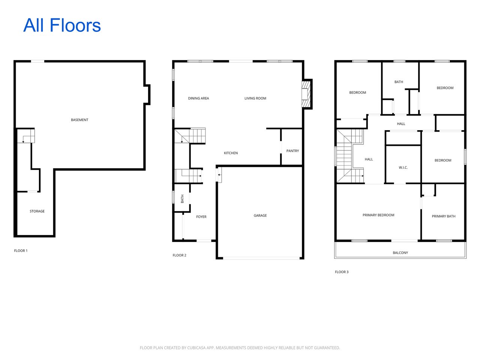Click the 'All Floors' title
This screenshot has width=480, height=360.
tap(62, 25)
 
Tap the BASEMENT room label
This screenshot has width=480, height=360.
tap(79, 120)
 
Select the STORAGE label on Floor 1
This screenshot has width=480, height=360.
tap(37, 211)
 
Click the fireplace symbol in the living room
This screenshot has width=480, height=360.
tap(306, 94)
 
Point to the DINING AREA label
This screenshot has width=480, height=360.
tap(198, 99)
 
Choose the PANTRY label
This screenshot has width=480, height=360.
tap(292, 151)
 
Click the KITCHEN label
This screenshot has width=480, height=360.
tap(231, 153)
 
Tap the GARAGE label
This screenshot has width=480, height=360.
tap(260, 216)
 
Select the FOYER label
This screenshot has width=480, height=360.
tap(201, 217)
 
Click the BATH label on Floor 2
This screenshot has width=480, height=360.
tap(183, 199)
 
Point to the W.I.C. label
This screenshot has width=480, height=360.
tap(403, 168)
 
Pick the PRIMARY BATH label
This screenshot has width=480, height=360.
tap(443, 216)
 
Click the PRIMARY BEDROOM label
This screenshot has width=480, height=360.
tap(378, 215)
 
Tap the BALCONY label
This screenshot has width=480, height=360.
tap(400, 253)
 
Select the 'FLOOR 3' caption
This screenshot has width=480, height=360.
tap(341, 272)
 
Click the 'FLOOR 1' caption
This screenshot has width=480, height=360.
tap(21, 251)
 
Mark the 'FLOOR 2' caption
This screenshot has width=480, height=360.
tap(179, 255)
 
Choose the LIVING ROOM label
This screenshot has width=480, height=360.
tap(255, 99)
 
